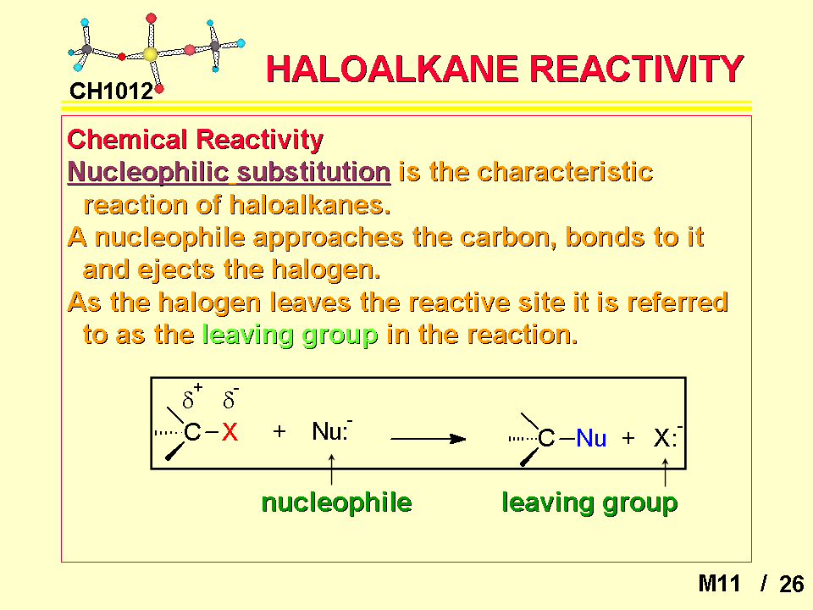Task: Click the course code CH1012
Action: coord(112,91)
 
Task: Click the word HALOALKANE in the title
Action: coord(392,69)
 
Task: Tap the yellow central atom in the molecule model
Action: coord(150,54)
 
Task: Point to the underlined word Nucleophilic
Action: coord(148,172)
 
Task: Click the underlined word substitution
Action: coord(313,172)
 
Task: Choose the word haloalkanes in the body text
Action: coord(310,205)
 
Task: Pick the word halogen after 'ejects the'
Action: coord(326,270)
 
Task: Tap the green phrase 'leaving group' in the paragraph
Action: coord(290,335)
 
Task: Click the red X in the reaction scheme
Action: coord(230,431)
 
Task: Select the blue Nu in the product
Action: coord(591,438)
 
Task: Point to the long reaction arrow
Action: coord(429,439)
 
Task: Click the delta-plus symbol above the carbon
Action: coord(192,396)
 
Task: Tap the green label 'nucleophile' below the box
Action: coord(336,502)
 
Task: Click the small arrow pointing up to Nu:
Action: coord(331,469)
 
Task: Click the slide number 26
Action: coord(791,584)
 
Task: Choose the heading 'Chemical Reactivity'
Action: coord(195,140)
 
